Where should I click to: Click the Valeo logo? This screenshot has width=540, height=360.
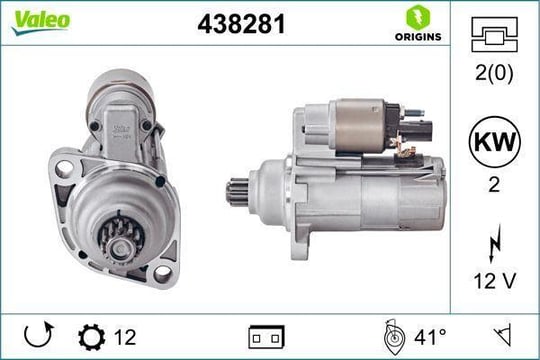point(41,21)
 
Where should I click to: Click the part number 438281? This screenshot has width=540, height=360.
point(242,24)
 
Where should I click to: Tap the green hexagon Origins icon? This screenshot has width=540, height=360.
point(418,17)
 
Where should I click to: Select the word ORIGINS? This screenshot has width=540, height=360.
point(418,37)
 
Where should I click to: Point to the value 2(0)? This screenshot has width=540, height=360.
point(494,73)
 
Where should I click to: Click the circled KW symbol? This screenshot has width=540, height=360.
point(495,142)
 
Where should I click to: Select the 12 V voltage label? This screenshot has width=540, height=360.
point(495,281)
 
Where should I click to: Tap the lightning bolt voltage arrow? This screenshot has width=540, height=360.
point(495,244)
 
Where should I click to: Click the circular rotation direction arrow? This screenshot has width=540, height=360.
point(39,335)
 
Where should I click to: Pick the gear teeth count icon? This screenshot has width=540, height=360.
point(92,337)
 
